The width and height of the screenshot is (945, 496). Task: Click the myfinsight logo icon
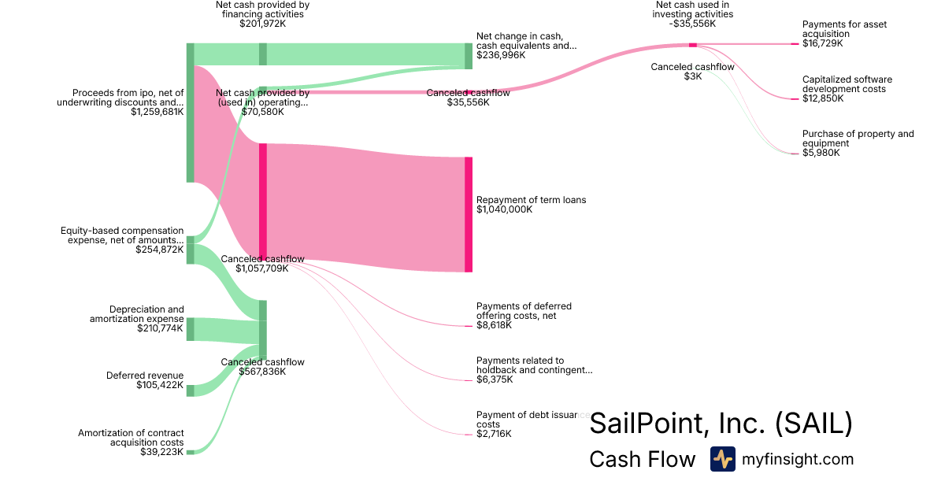point(722,459)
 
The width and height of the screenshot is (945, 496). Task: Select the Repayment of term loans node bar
point(469,214)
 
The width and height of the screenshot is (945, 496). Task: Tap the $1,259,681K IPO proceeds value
point(157,112)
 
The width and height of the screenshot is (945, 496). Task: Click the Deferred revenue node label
point(145,376)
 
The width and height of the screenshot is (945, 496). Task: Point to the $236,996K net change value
point(501,55)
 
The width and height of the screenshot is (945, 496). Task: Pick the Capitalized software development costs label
point(847,84)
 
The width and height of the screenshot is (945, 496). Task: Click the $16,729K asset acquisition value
point(822,43)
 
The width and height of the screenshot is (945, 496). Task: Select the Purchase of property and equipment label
point(858,139)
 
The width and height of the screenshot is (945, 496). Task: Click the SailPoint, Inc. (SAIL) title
point(721,424)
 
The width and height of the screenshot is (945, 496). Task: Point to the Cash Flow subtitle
point(642,459)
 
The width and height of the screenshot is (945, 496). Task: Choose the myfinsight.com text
point(798,459)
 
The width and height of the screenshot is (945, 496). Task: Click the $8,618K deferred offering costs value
point(494,325)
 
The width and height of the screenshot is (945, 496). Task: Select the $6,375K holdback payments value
point(494,379)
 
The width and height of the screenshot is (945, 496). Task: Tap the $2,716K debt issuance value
point(494,434)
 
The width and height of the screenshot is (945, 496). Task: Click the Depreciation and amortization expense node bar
point(190,329)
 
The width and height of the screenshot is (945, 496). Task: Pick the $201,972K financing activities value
point(262,24)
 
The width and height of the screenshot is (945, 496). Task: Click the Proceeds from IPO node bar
point(190,113)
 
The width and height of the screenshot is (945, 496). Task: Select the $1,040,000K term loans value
point(504,209)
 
